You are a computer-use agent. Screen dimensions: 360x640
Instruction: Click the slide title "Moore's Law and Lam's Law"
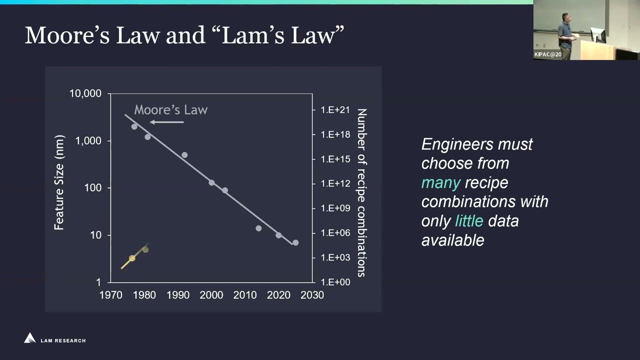point(184,35)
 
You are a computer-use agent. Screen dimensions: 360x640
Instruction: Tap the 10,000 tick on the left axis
point(85,93)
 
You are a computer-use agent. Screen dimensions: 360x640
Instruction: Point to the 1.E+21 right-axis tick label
point(335,110)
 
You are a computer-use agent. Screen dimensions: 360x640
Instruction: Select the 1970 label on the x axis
point(110,295)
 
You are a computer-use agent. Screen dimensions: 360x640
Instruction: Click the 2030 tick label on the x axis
point(312,295)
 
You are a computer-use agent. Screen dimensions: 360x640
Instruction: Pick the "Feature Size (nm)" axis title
point(59,182)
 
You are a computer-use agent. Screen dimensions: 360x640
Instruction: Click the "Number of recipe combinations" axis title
point(361,192)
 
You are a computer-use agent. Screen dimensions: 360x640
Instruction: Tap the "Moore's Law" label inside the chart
point(170,110)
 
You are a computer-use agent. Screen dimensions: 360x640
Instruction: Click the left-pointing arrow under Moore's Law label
point(166,122)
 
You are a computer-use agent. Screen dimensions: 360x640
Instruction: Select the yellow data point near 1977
point(132,258)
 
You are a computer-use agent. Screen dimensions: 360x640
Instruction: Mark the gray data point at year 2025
point(295,242)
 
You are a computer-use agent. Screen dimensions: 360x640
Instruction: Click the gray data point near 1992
point(184,155)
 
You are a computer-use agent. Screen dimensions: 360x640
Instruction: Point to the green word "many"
point(440,182)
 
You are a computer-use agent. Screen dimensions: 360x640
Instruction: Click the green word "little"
point(469,221)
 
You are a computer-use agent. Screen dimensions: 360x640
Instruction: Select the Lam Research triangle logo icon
point(30,338)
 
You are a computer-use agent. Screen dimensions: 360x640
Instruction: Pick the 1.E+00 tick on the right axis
point(335,282)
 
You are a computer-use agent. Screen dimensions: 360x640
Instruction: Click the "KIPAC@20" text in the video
point(547,54)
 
